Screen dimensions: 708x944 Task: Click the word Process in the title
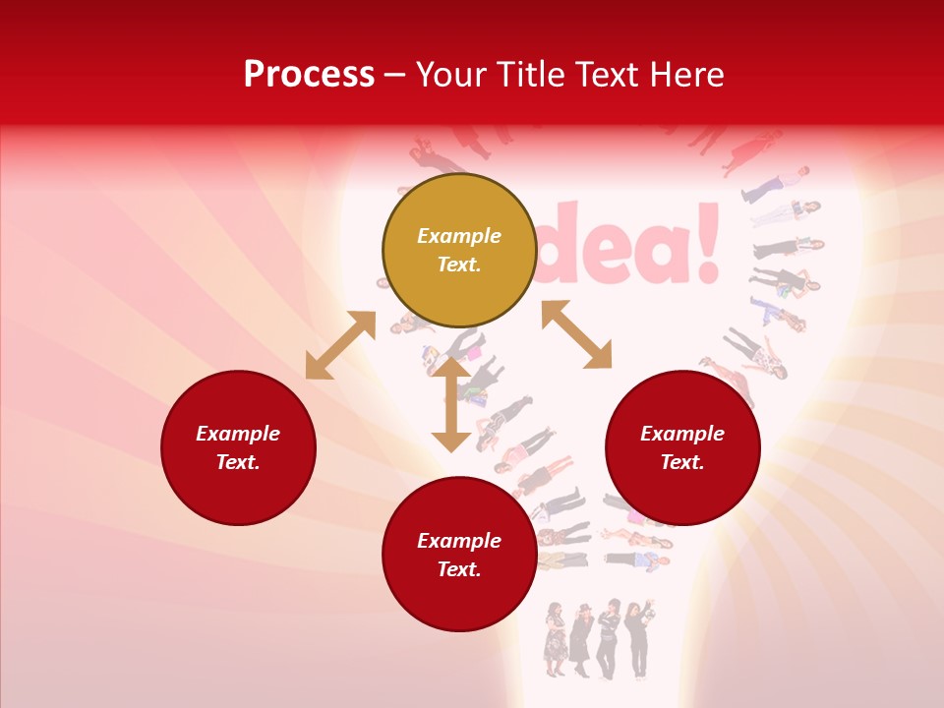click(x=309, y=75)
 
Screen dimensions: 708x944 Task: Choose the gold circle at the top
click(x=459, y=250)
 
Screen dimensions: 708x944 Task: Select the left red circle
click(x=238, y=447)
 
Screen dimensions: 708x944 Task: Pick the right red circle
click(x=682, y=447)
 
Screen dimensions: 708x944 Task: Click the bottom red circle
click(x=459, y=555)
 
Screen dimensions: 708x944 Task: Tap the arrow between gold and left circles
click(x=340, y=345)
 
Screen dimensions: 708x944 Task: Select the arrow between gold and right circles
click(x=576, y=334)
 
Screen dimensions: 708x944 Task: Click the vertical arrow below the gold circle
click(x=451, y=403)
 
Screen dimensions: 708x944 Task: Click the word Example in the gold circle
click(x=459, y=236)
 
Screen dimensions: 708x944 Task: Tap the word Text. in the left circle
click(x=238, y=462)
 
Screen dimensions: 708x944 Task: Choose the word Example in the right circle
click(x=682, y=434)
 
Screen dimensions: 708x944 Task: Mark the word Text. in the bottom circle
click(x=459, y=569)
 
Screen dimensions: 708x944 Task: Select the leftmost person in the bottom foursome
click(x=556, y=639)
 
